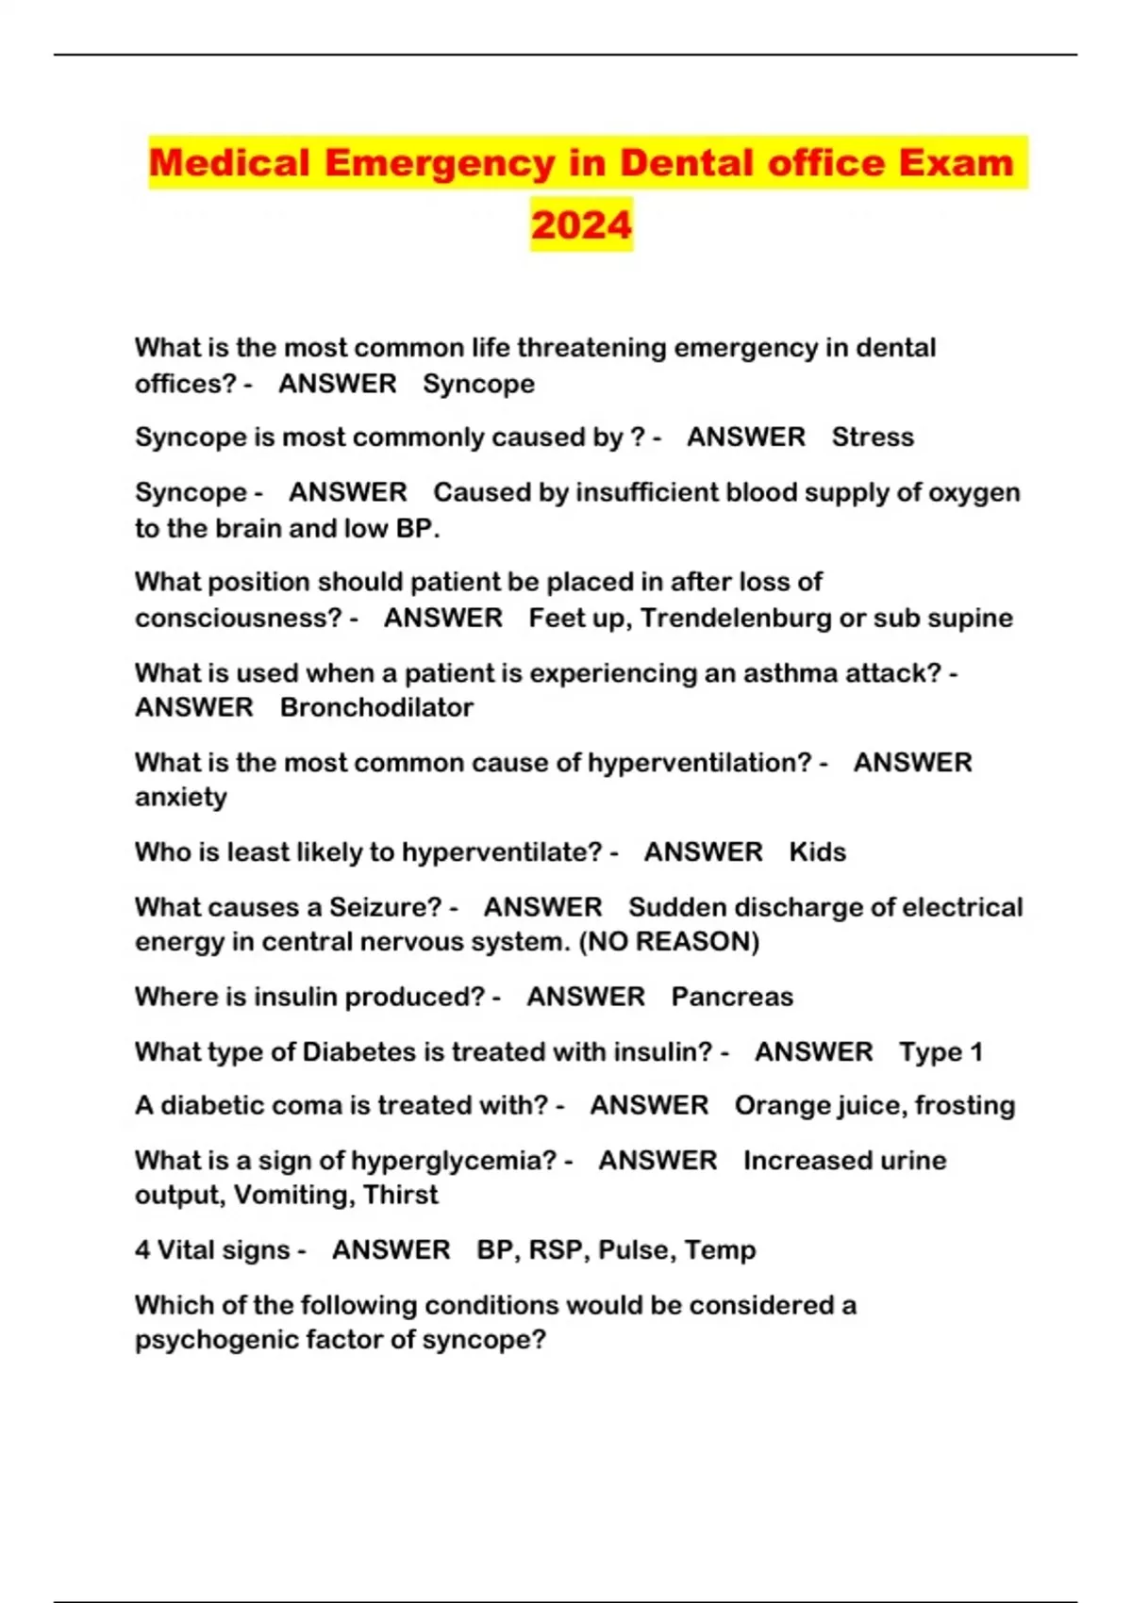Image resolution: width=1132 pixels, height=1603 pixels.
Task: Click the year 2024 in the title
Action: (581, 224)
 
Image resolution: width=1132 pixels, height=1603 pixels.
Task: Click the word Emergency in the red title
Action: (440, 163)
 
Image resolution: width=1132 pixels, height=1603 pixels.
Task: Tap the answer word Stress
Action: (873, 438)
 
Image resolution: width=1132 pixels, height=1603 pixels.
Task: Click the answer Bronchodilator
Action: (376, 707)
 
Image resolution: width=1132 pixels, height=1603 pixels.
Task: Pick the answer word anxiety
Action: (181, 798)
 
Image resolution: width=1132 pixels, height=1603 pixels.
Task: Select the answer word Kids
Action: (817, 852)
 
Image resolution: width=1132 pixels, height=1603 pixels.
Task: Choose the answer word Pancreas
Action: (732, 997)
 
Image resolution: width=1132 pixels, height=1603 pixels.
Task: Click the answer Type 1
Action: (941, 1052)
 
